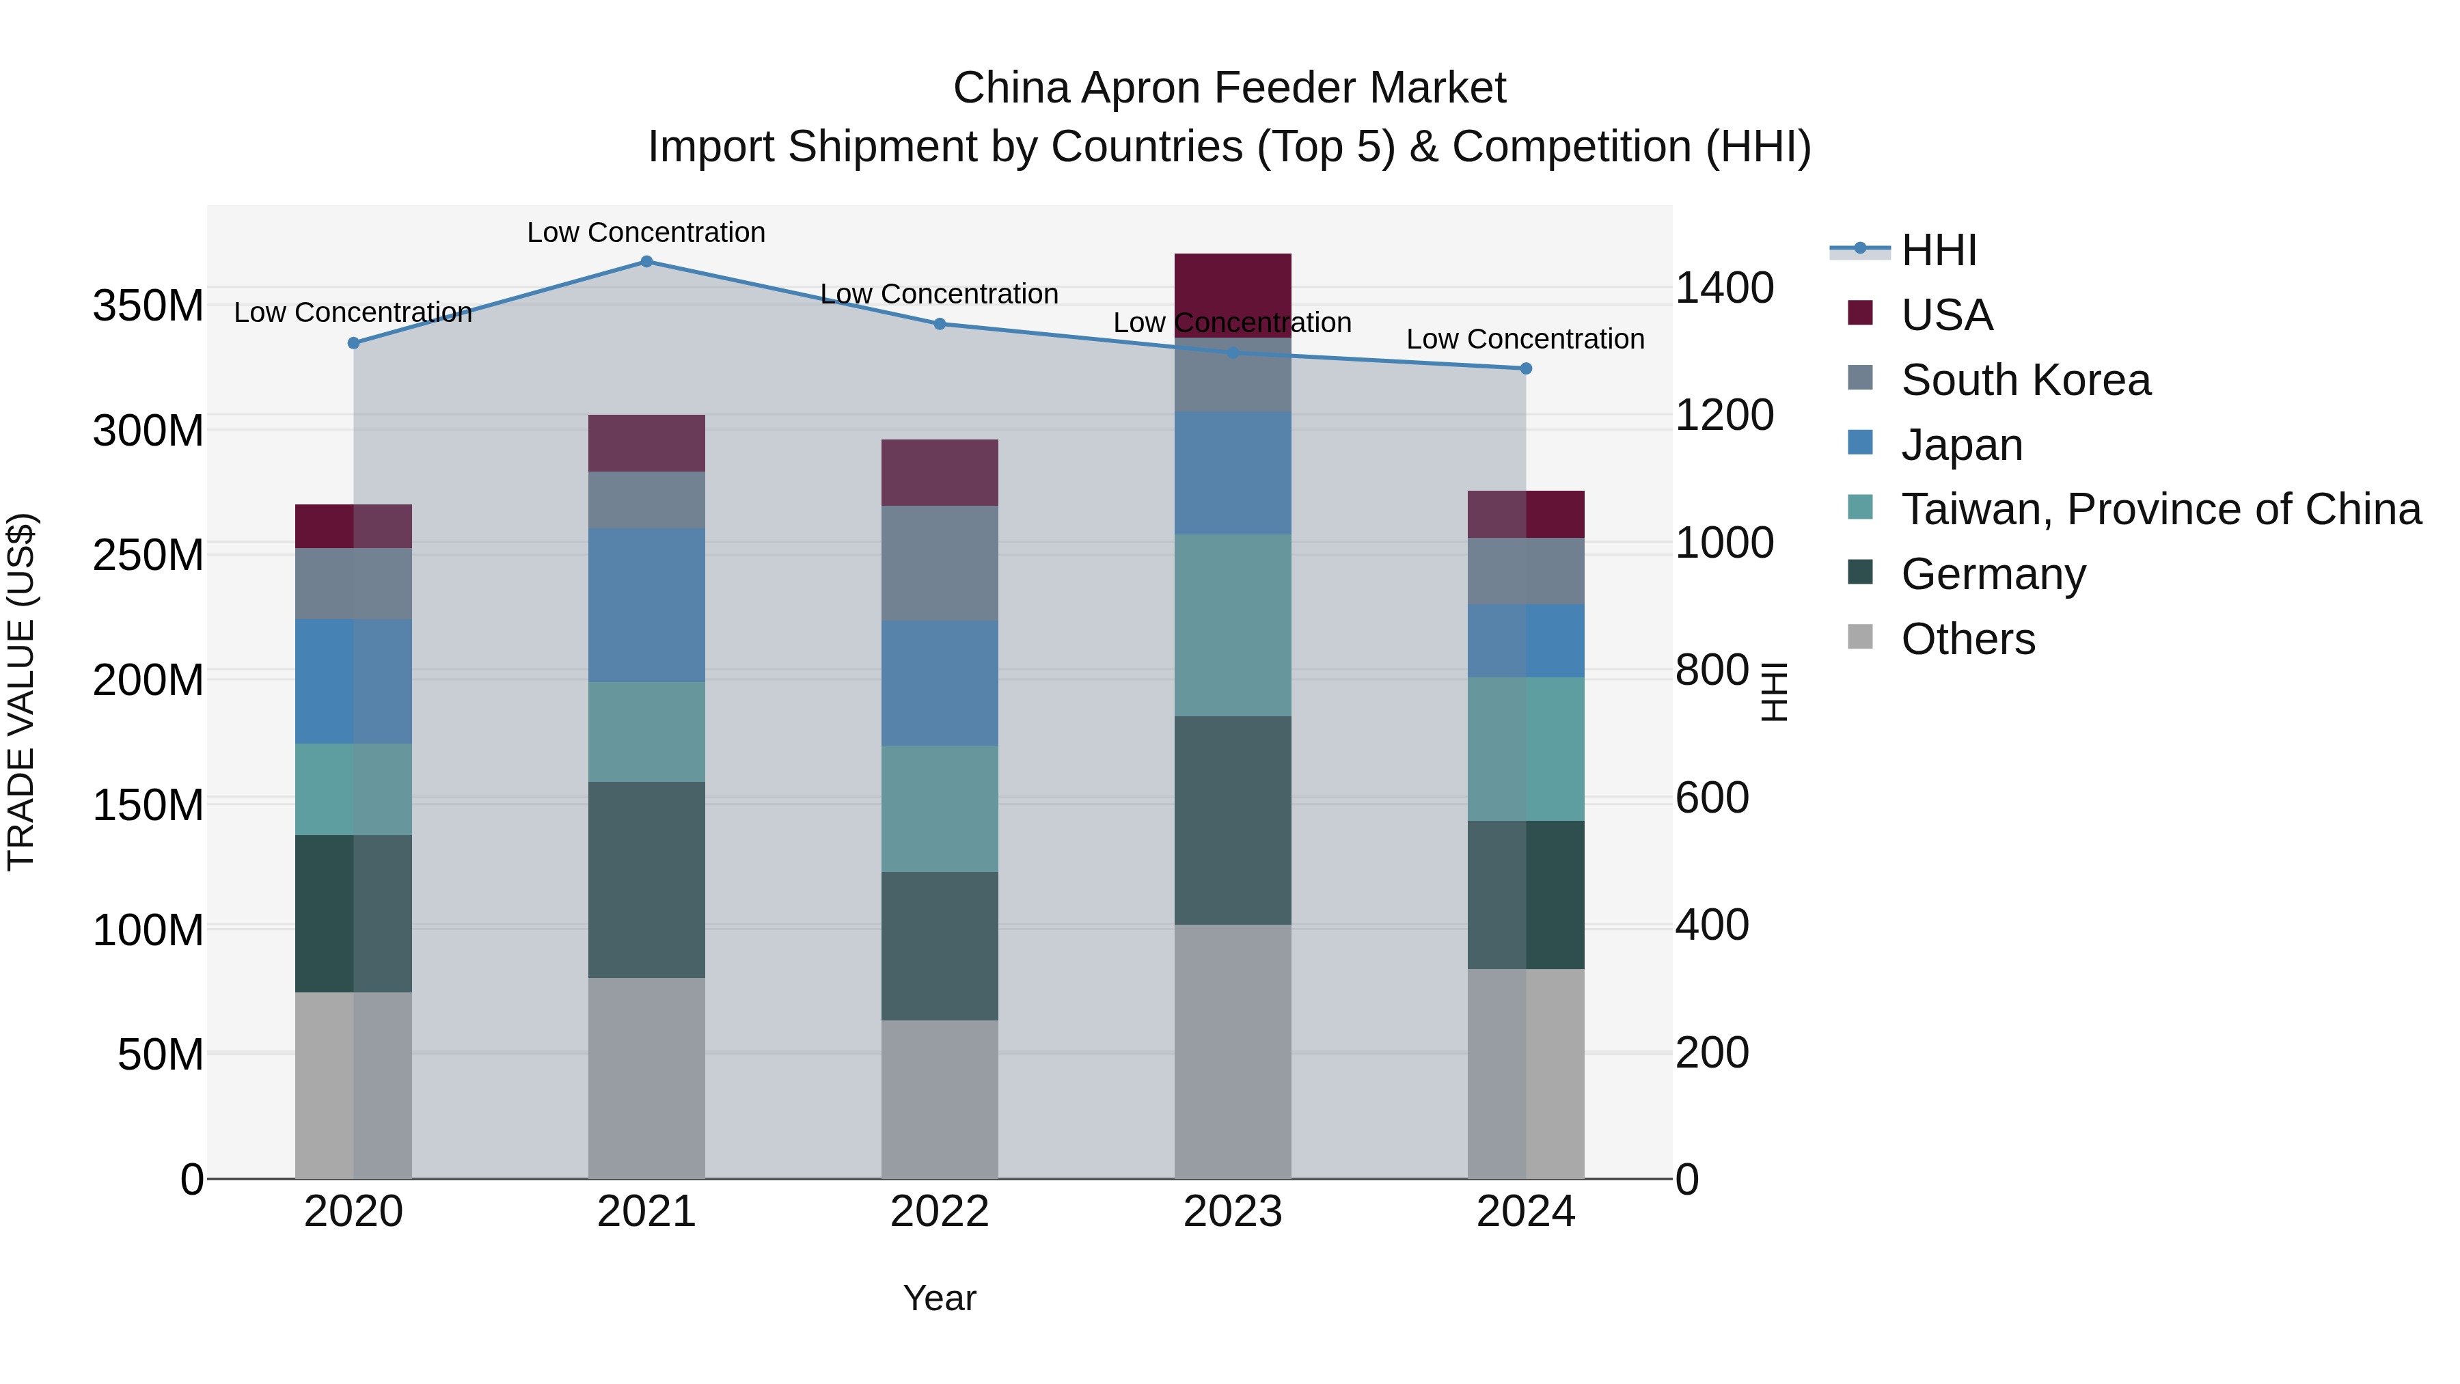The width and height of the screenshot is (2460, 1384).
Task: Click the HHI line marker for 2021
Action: [646, 262]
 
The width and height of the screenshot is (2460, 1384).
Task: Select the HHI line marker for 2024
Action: [1525, 368]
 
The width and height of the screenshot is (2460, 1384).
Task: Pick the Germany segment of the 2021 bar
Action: [646, 879]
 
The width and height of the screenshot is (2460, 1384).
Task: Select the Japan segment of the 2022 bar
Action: [939, 683]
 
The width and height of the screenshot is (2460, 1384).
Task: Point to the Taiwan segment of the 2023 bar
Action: [1232, 625]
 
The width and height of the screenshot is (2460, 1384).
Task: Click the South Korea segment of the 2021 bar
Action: [646, 500]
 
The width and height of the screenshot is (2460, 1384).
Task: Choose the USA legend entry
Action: [1945, 315]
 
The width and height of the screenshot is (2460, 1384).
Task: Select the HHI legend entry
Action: [1938, 250]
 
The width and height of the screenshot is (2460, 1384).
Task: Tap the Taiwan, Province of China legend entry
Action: [2160, 509]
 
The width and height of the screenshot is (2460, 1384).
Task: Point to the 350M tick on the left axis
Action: [148, 307]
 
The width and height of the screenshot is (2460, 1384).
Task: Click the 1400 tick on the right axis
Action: [1725, 288]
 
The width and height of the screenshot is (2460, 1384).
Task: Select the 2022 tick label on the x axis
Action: [939, 1212]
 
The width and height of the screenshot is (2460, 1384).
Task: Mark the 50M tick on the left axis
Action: [161, 1055]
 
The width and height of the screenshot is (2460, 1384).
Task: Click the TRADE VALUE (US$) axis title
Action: [21, 692]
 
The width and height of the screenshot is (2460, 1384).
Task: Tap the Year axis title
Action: [939, 1298]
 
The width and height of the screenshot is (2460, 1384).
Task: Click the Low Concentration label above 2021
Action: [646, 232]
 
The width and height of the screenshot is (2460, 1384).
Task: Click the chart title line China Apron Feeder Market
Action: [1229, 88]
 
